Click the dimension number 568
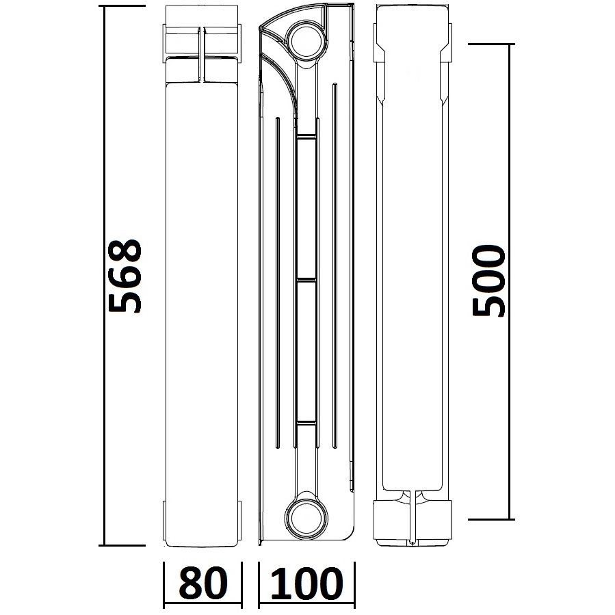pos(125,275)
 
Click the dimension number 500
pos(490,280)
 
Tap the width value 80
pos(202,584)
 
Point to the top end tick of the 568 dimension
pos(123,6)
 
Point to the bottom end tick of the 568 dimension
pos(123,545)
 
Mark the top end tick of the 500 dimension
pos(490,44)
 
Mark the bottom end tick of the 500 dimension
pos(490,519)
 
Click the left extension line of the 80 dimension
pos(164,585)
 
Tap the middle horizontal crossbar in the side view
pos(306,280)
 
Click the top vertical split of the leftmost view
pos(202,55)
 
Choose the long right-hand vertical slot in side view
pos(335,267)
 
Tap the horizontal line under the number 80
pos(202,606)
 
